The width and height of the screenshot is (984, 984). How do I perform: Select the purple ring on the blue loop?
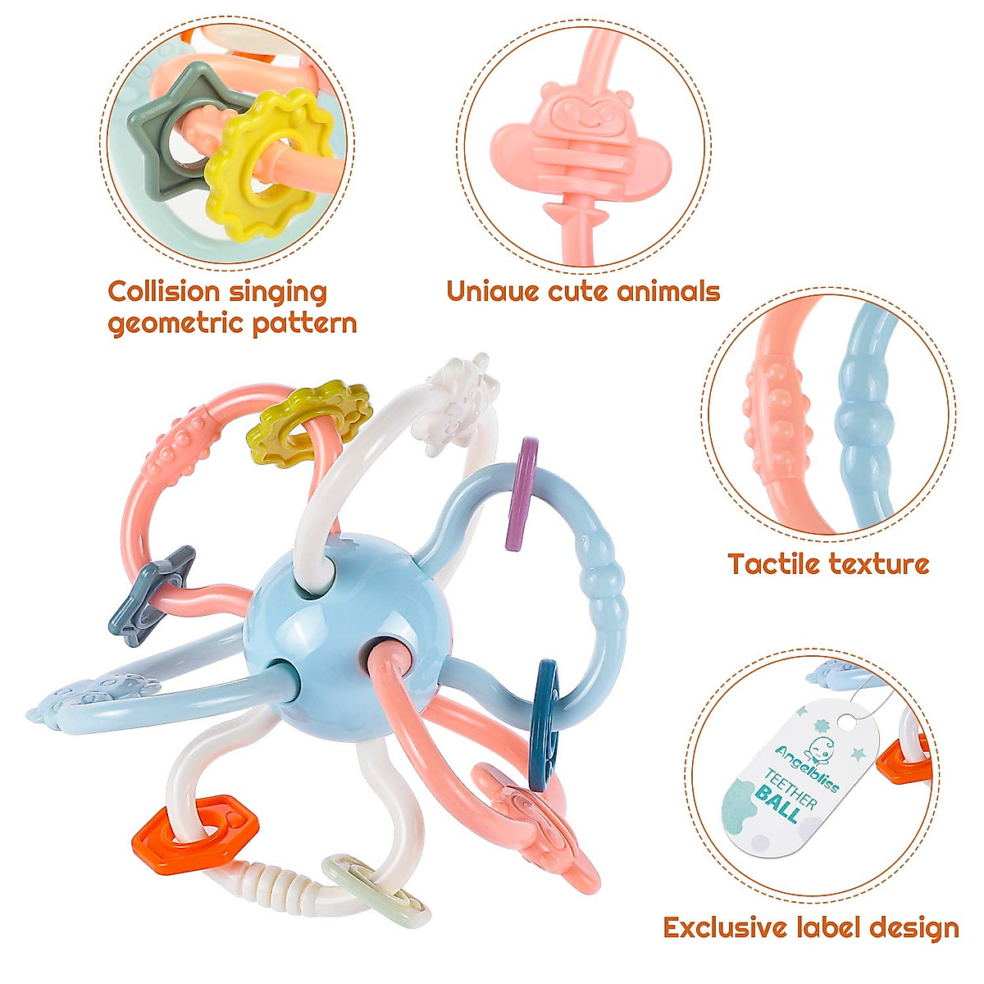coord(522,492)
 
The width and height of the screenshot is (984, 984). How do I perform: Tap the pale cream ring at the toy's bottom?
coord(377,894)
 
